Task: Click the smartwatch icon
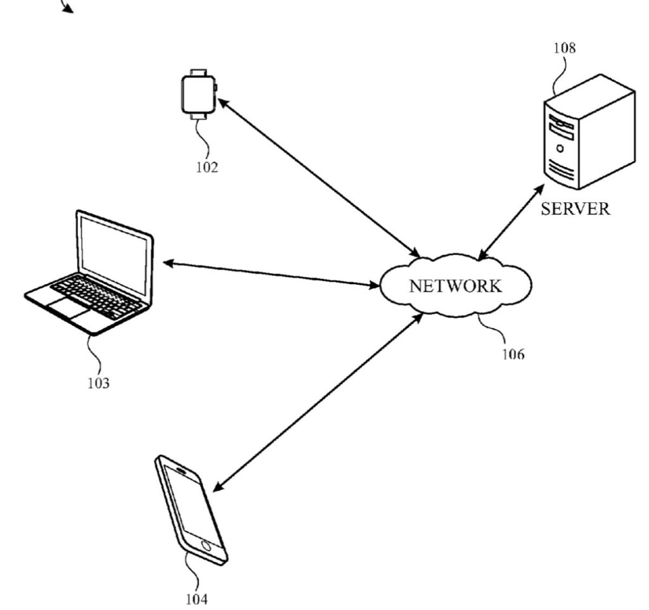coord(198,94)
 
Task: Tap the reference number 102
coord(207,167)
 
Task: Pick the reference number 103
coord(98,383)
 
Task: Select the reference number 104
coord(196,597)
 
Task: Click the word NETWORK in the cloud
coord(455,285)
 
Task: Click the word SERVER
coord(575,209)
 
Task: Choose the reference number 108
coord(564,48)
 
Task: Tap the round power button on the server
coord(560,148)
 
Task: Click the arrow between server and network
coord(511,222)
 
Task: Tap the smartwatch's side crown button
coord(215,88)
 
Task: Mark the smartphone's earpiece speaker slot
coord(179,470)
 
